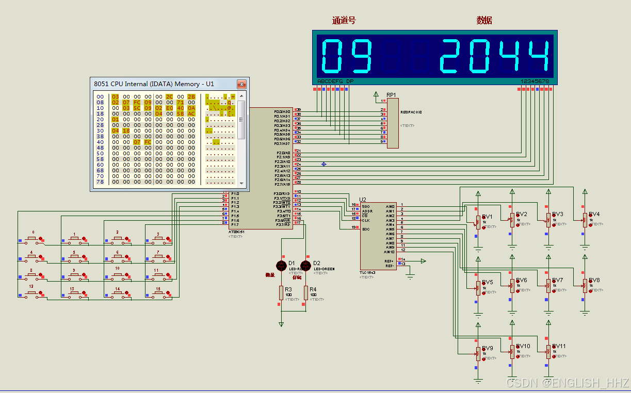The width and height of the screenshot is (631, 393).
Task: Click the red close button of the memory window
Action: pyautogui.click(x=241, y=84)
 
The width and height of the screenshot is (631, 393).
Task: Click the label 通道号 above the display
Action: pyautogui.click(x=344, y=21)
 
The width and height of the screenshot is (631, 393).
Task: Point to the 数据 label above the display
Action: pyautogui.click(x=484, y=21)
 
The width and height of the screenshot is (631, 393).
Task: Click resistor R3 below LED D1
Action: pyautogui.click(x=281, y=293)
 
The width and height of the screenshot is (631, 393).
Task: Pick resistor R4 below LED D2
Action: pyautogui.click(x=306, y=293)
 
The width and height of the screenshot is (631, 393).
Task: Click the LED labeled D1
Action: pyautogui.click(x=281, y=266)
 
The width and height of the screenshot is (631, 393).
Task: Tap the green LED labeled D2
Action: pyautogui.click(x=306, y=266)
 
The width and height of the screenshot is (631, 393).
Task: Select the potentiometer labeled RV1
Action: pyautogui.click(x=478, y=221)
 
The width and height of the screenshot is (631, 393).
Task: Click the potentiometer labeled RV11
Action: pyautogui.click(x=548, y=352)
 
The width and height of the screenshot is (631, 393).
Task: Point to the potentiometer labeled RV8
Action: pyautogui.click(x=585, y=286)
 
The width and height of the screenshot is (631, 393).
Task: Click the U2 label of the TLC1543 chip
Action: pyautogui.click(x=363, y=200)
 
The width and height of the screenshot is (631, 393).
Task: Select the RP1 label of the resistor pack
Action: pyautogui.click(x=391, y=95)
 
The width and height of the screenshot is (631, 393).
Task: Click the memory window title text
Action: pyautogui.click(x=154, y=84)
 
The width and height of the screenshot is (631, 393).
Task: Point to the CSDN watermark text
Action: pyautogui.click(x=568, y=383)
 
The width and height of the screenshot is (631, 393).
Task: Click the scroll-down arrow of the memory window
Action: pyautogui.click(x=241, y=182)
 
